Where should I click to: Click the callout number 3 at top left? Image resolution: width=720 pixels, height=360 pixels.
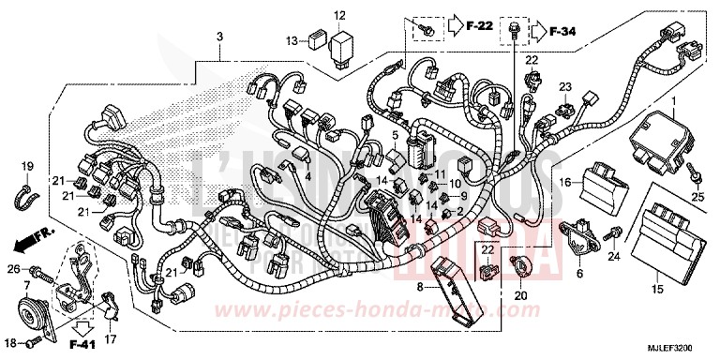tap(219, 37)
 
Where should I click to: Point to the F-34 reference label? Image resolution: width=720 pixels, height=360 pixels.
tap(562, 32)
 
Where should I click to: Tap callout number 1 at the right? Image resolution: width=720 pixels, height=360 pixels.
tap(671, 99)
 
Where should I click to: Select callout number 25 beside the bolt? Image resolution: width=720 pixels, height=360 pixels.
tap(697, 197)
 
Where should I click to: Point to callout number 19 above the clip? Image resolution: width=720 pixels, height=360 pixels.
tap(27, 165)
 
